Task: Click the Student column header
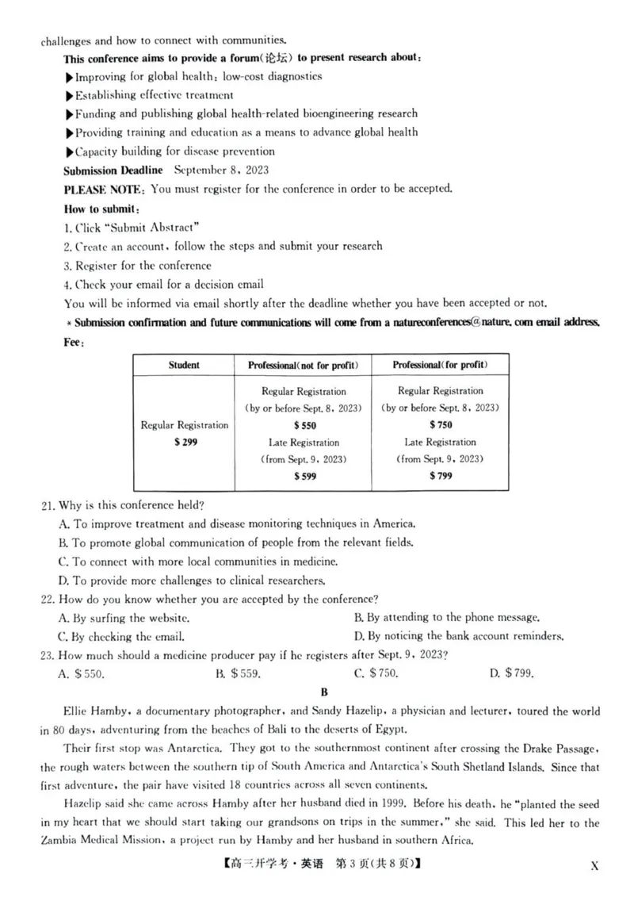click(184, 365)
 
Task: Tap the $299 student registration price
click(185, 442)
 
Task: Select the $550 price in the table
click(304, 425)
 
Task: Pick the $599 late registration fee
click(304, 476)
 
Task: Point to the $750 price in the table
click(440, 425)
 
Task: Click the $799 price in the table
click(440, 476)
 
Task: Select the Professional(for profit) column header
click(440, 365)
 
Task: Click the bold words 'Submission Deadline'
click(113, 170)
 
